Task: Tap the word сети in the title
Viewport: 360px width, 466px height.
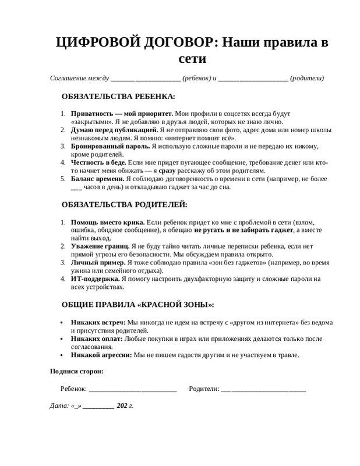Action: (x=192, y=59)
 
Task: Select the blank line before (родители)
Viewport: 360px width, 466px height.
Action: (x=253, y=79)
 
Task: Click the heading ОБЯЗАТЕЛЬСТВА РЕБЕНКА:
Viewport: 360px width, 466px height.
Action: (x=118, y=96)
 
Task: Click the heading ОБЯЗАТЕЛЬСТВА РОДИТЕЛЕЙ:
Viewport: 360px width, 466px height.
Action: (x=125, y=204)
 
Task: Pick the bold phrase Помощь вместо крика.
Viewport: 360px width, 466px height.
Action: (x=107, y=222)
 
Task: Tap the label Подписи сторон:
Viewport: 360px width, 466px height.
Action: (x=77, y=371)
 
